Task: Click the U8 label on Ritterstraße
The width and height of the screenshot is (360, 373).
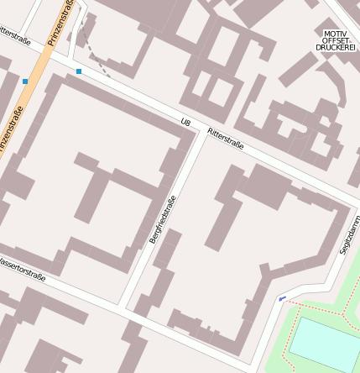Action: (x=185, y=123)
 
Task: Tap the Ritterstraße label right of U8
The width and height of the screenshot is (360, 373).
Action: (x=225, y=138)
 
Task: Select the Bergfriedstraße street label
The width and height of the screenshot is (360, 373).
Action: (x=163, y=219)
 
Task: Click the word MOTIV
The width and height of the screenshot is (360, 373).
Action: (x=336, y=34)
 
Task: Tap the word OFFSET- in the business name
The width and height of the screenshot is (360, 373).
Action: (x=336, y=41)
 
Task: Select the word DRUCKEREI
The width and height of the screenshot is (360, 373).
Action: (x=336, y=48)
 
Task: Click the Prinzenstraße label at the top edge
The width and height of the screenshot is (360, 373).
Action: (x=61, y=21)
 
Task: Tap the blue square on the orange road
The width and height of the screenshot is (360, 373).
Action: (x=25, y=81)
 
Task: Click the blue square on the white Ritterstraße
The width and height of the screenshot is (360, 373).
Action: (x=79, y=71)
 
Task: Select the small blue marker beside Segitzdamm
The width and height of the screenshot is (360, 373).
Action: (x=281, y=298)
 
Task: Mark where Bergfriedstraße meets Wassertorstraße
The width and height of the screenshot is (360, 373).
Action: (x=123, y=305)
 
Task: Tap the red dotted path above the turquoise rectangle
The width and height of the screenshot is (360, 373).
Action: (x=327, y=313)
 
